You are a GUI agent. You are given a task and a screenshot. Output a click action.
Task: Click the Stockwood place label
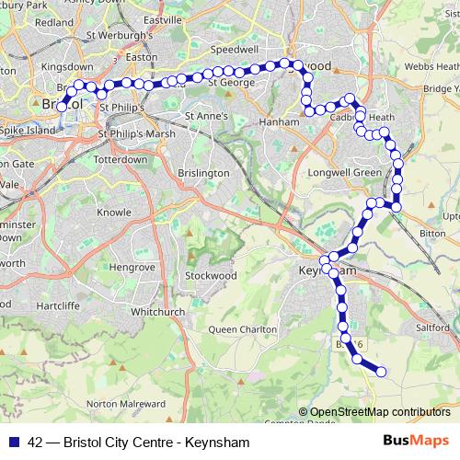211,275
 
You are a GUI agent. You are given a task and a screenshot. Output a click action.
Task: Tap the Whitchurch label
152,312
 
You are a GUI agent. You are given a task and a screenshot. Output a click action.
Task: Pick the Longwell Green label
348,172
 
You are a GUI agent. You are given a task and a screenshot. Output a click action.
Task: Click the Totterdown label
121,159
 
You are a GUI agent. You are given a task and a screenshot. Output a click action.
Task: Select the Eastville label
163,18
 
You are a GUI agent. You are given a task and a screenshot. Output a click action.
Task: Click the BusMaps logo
411,442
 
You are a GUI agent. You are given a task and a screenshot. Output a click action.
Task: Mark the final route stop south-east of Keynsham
380,372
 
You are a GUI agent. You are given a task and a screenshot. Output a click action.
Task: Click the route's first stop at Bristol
63,107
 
